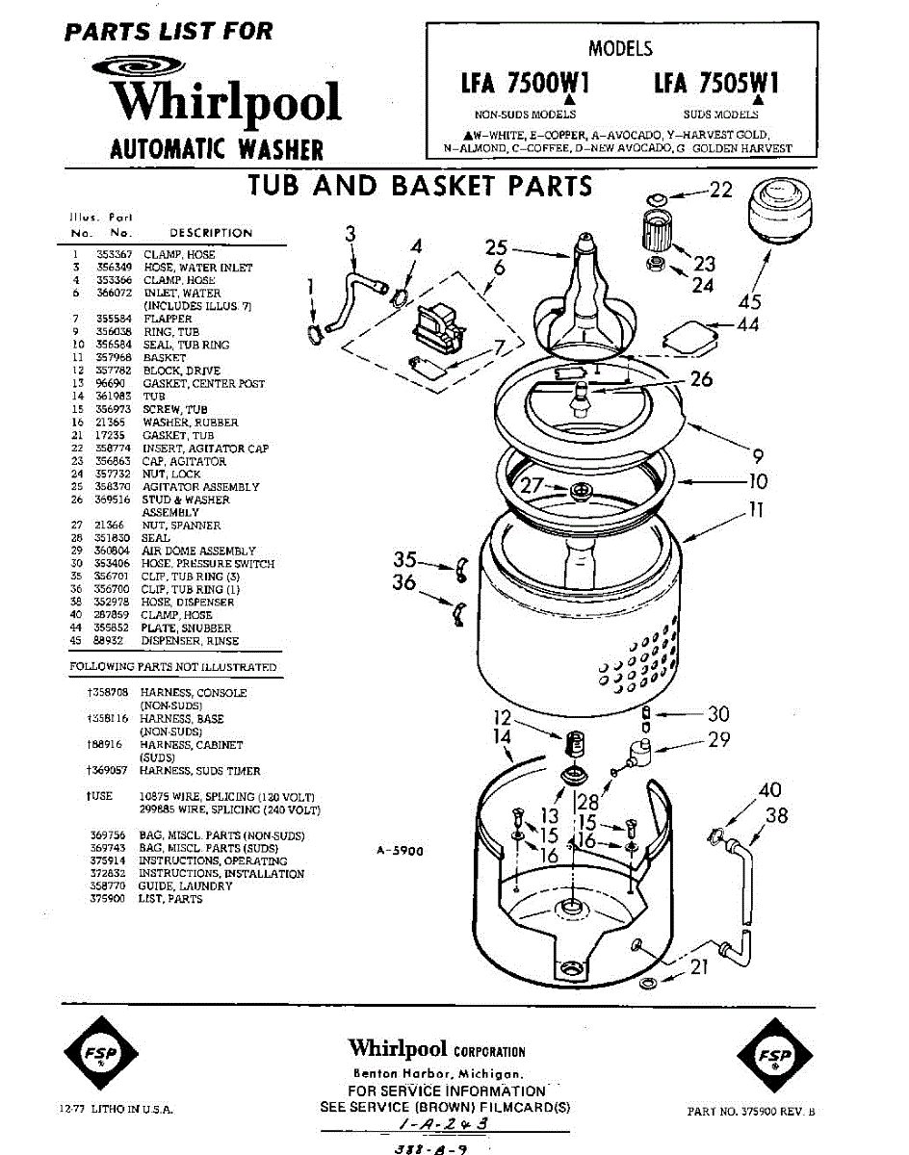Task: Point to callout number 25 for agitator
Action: (x=496, y=248)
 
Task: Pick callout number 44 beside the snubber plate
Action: (x=747, y=325)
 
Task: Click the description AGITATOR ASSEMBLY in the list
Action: (x=200, y=487)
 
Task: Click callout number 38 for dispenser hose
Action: (x=776, y=816)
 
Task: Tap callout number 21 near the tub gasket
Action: (x=699, y=967)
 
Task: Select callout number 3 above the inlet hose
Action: (x=351, y=233)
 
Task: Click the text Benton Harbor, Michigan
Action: (x=438, y=1073)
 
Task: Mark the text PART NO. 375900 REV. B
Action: (x=751, y=1111)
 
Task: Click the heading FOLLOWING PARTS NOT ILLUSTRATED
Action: (x=173, y=667)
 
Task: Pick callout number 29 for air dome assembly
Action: (x=718, y=739)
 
